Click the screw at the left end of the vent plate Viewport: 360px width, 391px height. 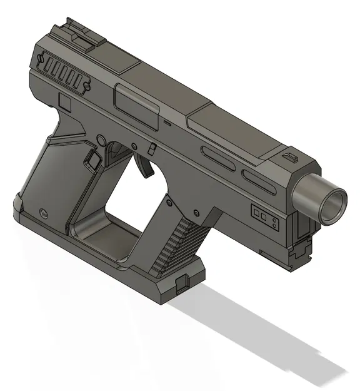coord(42,60)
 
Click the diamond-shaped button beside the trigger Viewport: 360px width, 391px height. coord(94,158)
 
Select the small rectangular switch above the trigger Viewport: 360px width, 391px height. coord(152,148)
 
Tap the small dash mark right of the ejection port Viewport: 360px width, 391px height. coord(167,122)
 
